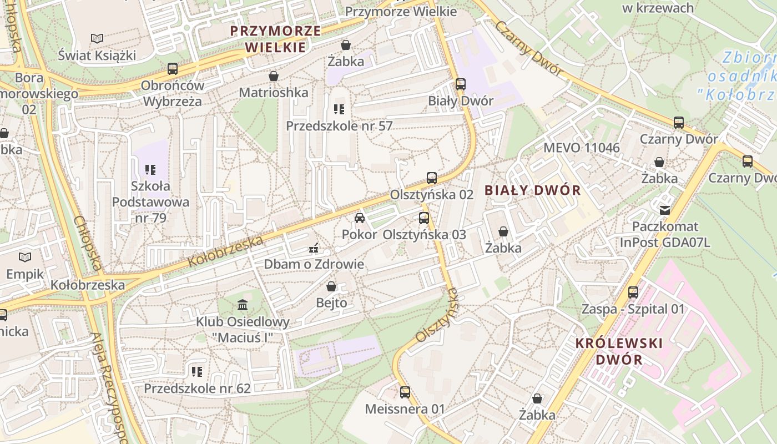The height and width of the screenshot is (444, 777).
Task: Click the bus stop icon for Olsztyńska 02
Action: click(x=432, y=178)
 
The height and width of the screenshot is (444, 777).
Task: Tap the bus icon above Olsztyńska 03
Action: click(x=424, y=218)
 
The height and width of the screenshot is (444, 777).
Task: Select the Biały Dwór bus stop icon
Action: click(x=461, y=84)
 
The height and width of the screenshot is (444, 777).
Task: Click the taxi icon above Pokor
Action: click(x=360, y=218)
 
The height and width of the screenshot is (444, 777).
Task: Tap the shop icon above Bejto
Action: click(x=331, y=286)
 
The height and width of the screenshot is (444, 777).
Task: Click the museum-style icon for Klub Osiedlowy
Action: click(x=243, y=305)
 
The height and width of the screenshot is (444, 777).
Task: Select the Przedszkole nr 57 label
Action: click(x=339, y=126)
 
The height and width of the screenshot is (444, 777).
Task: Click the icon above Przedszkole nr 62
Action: click(x=197, y=371)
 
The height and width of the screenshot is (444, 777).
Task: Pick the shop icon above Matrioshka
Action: click(x=274, y=75)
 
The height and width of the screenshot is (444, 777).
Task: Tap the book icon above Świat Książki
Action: click(x=97, y=38)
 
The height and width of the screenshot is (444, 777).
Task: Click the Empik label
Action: click(x=25, y=274)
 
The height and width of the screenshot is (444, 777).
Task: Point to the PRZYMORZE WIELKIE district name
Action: click(x=276, y=39)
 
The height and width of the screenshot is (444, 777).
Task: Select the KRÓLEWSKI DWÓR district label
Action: click(x=619, y=351)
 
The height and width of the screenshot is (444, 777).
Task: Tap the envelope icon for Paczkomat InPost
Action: click(x=665, y=210)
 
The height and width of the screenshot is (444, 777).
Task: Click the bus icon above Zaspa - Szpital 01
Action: click(x=633, y=292)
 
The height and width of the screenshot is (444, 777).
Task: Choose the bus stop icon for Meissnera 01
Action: click(x=405, y=392)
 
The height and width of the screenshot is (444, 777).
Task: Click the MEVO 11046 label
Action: click(x=582, y=148)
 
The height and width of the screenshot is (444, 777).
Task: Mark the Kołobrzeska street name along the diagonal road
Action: click(x=225, y=251)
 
